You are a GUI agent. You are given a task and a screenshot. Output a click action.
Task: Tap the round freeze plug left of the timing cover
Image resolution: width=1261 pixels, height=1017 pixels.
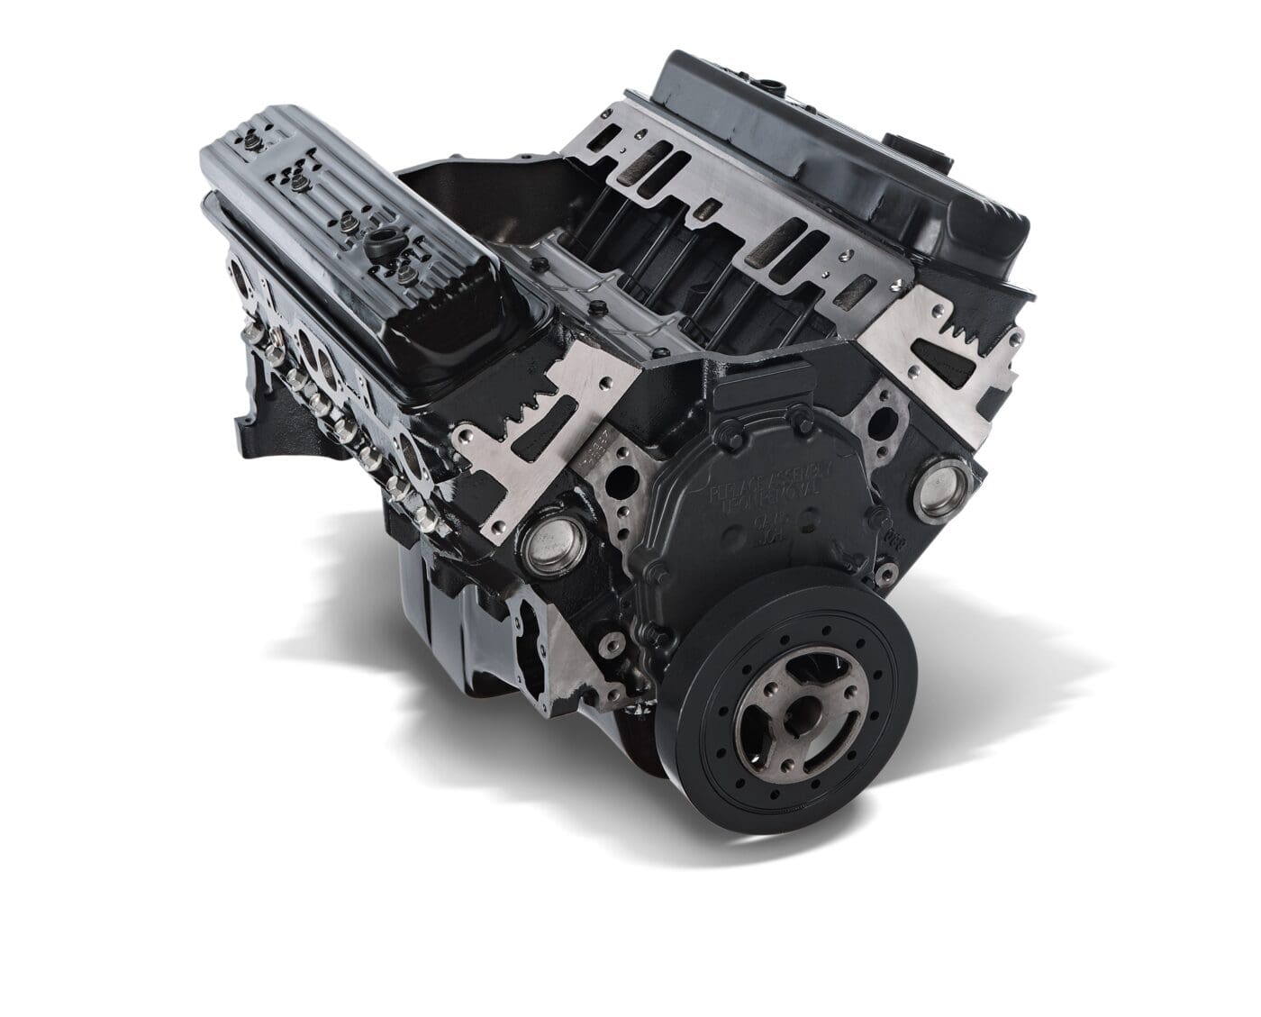click(550, 546)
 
